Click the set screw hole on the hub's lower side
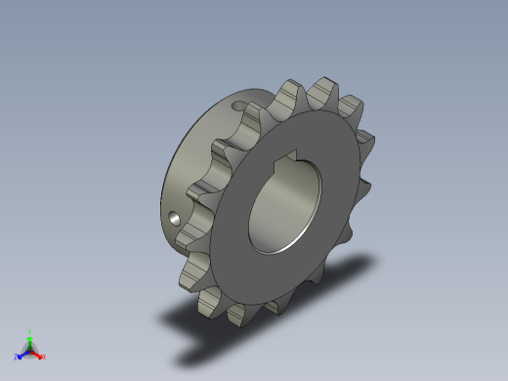coord(174,219)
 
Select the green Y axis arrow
coord(30,338)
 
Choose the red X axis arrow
coord(38,354)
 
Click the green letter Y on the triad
coord(30,331)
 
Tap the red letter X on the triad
coord(43,358)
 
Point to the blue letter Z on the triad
coord(17,358)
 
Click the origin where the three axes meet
coord(30,350)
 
